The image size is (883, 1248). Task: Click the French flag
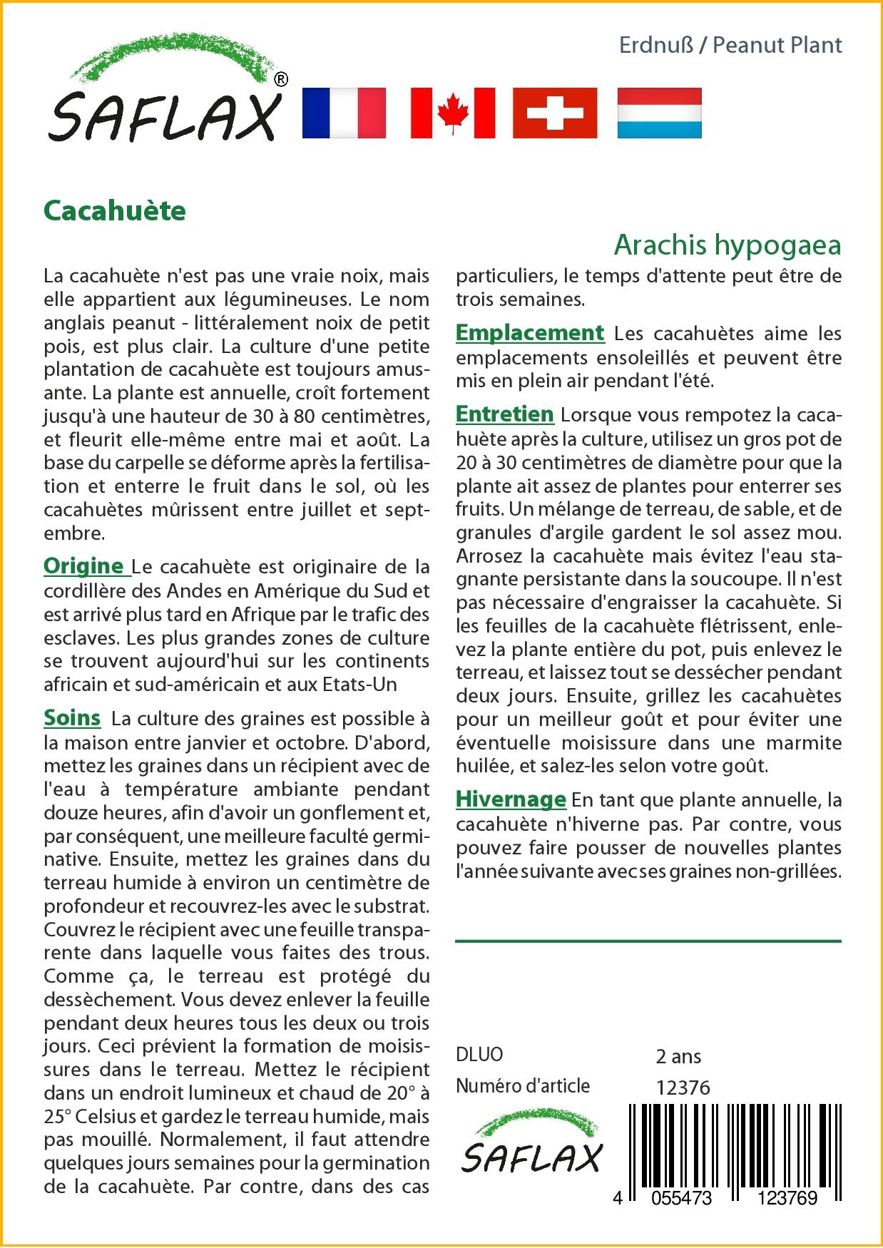(344, 113)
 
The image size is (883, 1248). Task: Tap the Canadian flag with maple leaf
(453, 113)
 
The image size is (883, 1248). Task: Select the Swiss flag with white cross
(555, 113)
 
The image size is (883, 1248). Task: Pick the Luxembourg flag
(659, 113)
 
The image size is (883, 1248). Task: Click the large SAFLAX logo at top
(164, 100)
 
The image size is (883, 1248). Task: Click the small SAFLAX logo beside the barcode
(531, 1145)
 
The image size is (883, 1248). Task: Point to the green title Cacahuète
(115, 210)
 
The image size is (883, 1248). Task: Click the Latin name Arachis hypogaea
(727, 245)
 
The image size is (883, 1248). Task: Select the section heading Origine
(84, 566)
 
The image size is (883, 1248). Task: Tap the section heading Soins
(72, 717)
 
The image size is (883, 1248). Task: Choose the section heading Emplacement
(529, 333)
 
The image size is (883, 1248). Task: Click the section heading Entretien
(504, 414)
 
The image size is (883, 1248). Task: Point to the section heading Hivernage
(511, 799)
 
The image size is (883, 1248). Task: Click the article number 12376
(683, 1087)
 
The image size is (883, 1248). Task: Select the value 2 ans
(678, 1056)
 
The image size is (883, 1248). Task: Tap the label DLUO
(479, 1055)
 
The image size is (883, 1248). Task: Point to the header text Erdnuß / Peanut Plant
(730, 46)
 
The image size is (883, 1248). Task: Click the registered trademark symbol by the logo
(281, 80)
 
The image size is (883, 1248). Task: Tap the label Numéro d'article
(523, 1086)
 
